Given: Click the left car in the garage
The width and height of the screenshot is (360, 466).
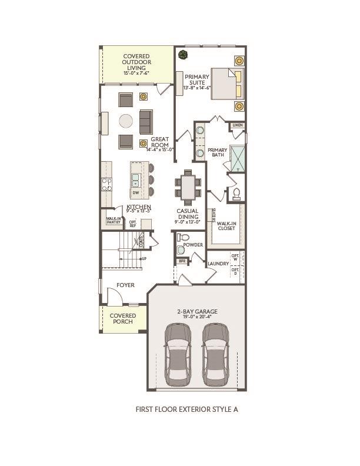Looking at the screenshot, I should point(178,354).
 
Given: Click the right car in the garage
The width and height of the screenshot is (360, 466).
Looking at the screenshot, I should point(215,354).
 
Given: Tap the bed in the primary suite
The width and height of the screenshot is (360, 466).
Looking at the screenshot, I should point(226,84).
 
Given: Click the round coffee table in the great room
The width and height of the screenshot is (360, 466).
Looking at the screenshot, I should point(126,121).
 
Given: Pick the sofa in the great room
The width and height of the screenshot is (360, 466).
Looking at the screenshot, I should point(145,121).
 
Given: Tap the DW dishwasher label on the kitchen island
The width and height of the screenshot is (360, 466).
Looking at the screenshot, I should point(135,192).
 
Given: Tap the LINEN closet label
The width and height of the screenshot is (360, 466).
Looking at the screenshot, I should point(238,125).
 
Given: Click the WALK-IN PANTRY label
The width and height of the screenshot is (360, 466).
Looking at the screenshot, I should point(113,221).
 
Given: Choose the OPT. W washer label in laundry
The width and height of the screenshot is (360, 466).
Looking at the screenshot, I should point(235,257).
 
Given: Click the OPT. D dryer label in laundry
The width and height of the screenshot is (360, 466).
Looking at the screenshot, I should point(235,272).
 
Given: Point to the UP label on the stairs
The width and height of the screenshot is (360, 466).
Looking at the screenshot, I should point(144,258).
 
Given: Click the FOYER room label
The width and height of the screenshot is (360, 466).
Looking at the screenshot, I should point(125,285).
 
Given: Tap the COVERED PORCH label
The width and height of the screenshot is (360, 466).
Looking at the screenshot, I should point(122,318).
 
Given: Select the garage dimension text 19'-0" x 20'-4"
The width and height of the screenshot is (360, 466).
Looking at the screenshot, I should point(198,317).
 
